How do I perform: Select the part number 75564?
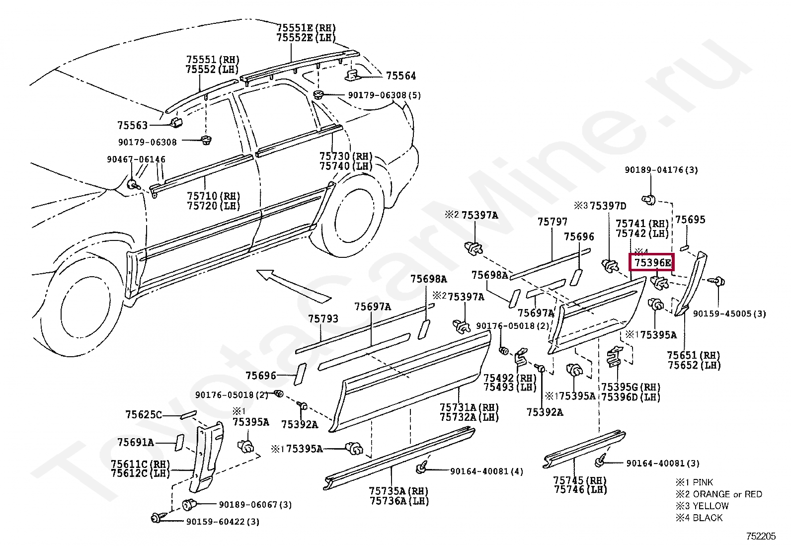401,76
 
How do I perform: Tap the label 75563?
133,125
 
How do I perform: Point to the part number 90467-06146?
136,159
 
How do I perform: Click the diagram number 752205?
760,536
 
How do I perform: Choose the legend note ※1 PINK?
694,482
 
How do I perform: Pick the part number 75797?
552,222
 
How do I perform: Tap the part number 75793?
323,318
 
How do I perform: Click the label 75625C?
144,414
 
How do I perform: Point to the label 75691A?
136,442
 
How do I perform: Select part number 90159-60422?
223,522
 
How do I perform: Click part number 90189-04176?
661,170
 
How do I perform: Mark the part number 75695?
690,220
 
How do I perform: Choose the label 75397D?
608,206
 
